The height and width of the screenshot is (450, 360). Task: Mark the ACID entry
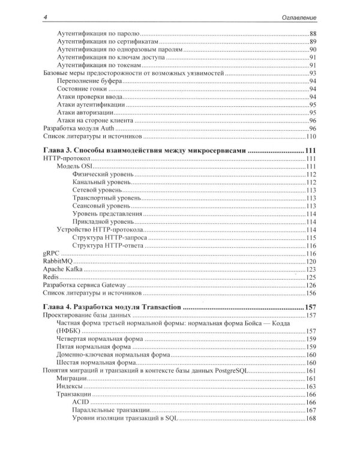(80, 402)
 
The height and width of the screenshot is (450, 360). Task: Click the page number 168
(311, 418)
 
